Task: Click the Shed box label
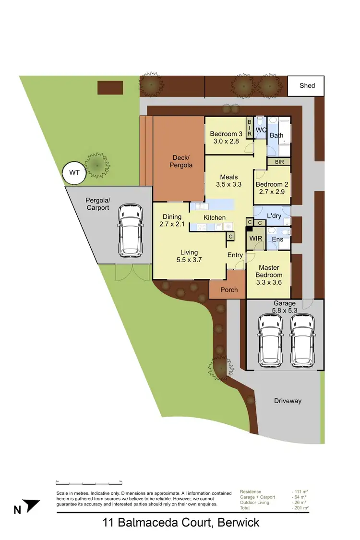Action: click(x=307, y=85)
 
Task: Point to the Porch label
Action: click(x=229, y=289)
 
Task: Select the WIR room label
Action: click(x=255, y=239)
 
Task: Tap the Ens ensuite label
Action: click(x=277, y=239)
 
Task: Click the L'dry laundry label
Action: click(x=274, y=216)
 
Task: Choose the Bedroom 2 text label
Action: click(x=269, y=184)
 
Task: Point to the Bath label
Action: click(x=276, y=135)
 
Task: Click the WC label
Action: click(x=261, y=130)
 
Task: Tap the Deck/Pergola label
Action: click(x=181, y=161)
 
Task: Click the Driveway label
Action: click(x=288, y=401)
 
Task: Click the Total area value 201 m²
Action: click(x=300, y=507)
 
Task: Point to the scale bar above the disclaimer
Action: click(x=89, y=483)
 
